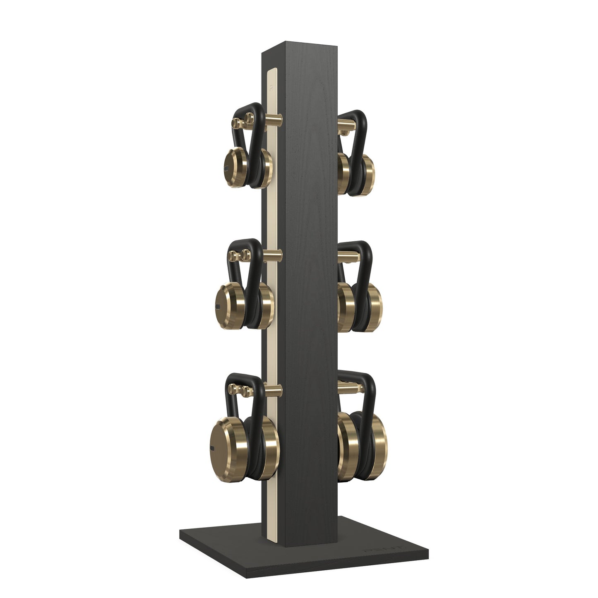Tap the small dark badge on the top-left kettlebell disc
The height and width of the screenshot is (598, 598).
(226, 168)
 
